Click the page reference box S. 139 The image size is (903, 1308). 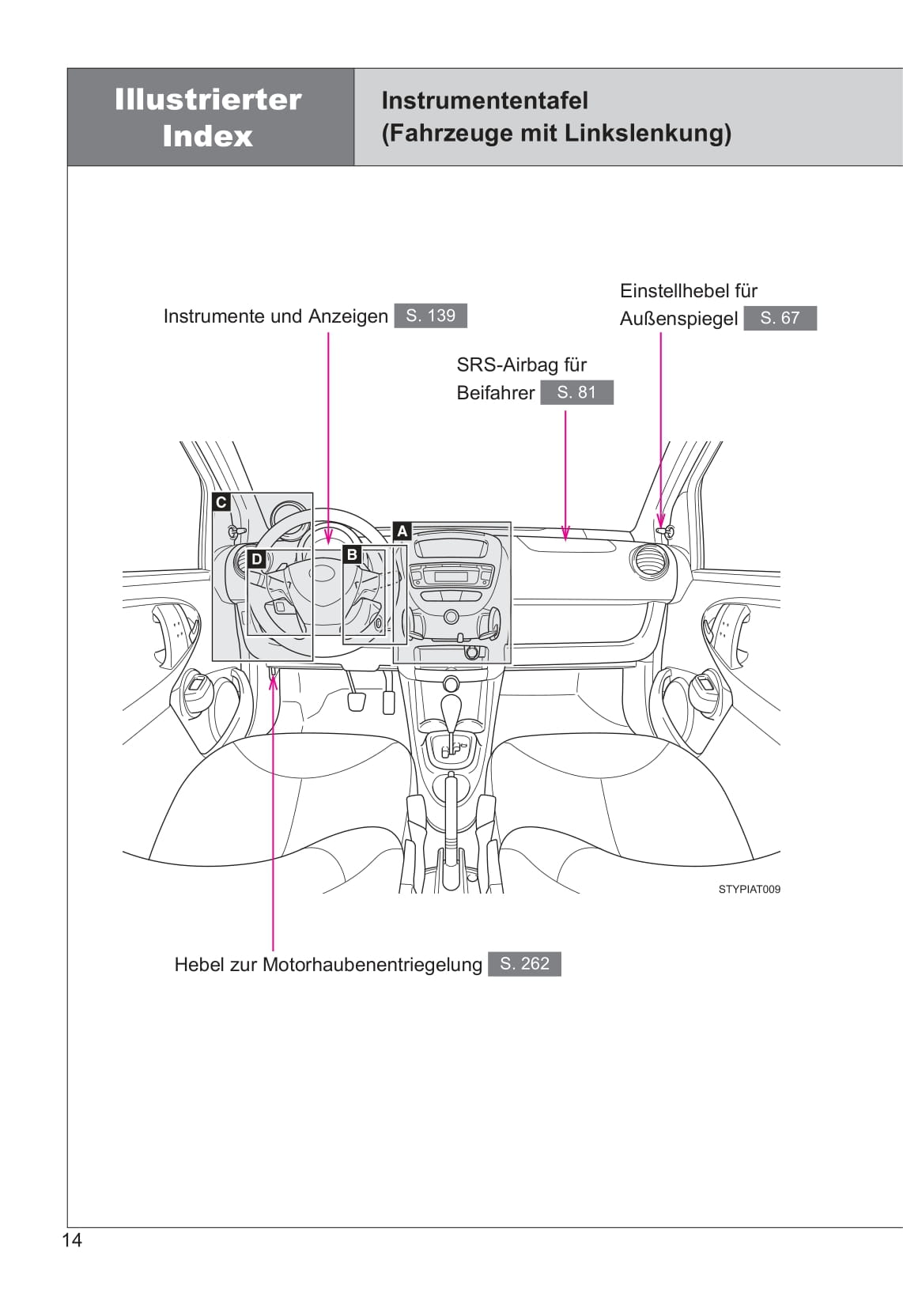tap(430, 316)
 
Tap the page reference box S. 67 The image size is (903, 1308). tap(780, 318)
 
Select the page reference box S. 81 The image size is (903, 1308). tap(576, 392)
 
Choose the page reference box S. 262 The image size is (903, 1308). tap(524, 964)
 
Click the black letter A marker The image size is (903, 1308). tap(402, 531)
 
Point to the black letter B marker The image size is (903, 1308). tap(353, 555)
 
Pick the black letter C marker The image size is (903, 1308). tap(221, 502)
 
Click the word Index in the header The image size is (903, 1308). tap(207, 136)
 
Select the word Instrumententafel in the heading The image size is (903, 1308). tap(485, 100)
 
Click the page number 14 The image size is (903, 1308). tap(72, 1240)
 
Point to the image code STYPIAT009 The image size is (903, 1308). tap(749, 889)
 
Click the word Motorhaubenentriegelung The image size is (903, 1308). tap(372, 965)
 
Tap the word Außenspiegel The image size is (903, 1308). tap(678, 319)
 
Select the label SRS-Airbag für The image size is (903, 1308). tap(521, 365)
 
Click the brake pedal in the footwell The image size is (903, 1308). tap(357, 701)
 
